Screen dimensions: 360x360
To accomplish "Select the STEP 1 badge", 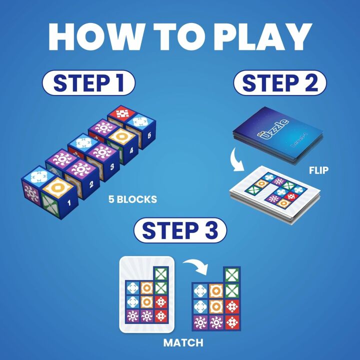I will pos(88,83).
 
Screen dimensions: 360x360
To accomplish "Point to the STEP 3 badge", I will pos(180,230).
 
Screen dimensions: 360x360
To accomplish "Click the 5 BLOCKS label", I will pos(133,199).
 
